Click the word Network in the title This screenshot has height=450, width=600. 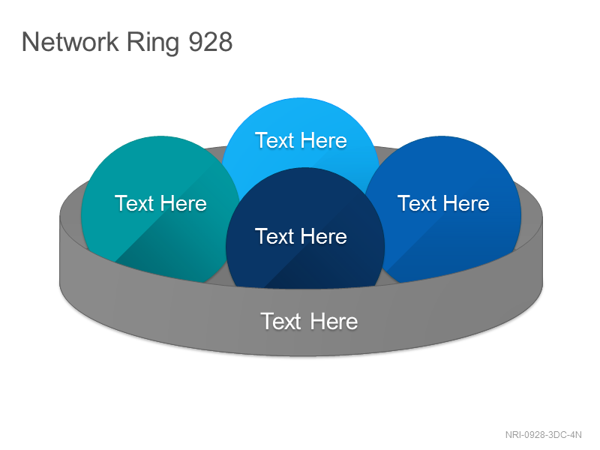pos(70,42)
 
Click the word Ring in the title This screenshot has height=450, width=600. pos(153,43)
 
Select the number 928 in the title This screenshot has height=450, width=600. pos(211,42)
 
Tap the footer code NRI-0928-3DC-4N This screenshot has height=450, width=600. pos(543,435)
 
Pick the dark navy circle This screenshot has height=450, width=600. pos(305,229)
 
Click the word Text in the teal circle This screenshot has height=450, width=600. pos(134,203)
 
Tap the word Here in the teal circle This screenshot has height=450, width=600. pos(184,203)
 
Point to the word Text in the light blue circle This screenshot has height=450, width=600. pos(274,140)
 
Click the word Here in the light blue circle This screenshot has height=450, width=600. pos(324,140)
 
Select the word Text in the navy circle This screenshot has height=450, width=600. pos(274,236)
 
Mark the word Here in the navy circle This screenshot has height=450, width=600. pos(324,236)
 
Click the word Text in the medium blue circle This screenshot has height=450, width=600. pos(417,203)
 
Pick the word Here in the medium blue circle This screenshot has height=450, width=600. pos(466,203)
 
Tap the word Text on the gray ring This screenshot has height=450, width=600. pos(281,321)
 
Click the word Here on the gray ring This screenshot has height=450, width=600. pos(334,321)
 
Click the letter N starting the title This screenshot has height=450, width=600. pos(30,42)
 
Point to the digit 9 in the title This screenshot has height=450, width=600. pos(196,42)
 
